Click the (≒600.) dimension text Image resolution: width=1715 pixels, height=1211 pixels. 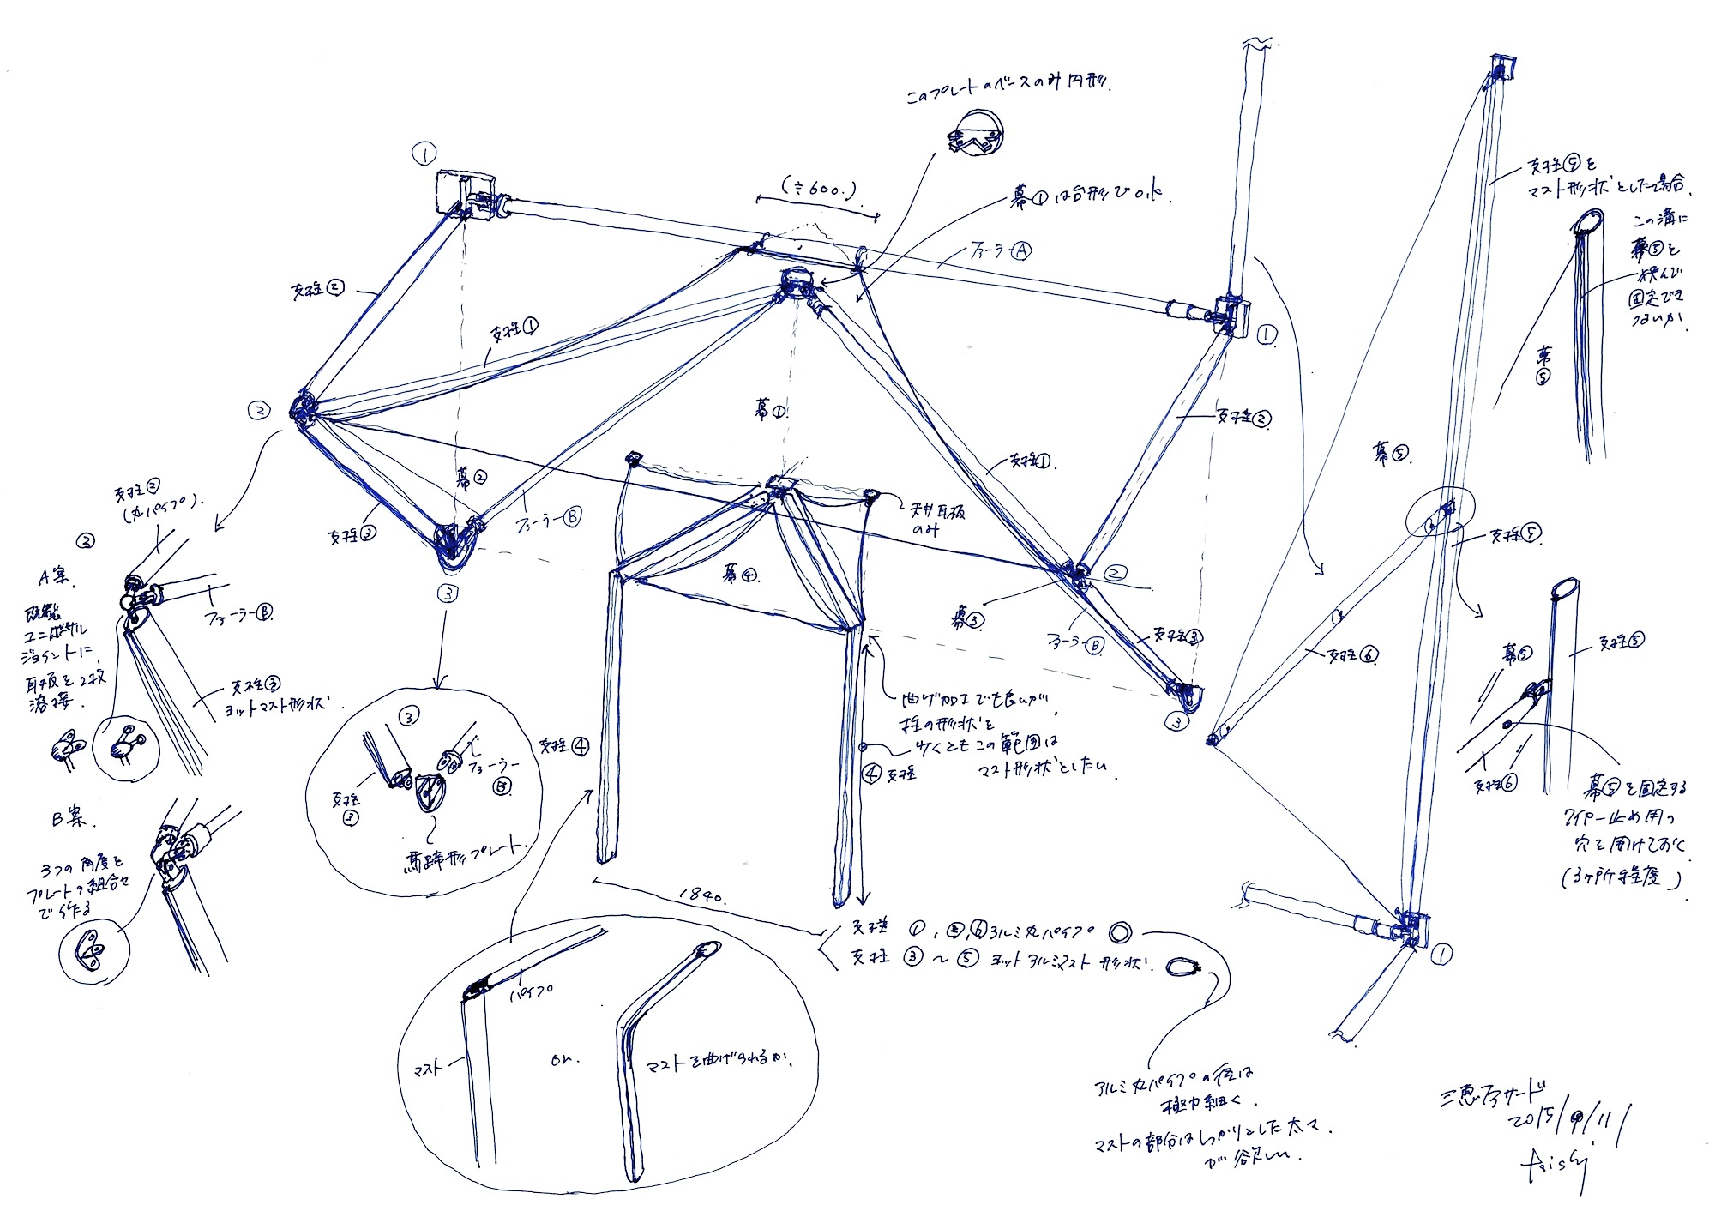[819, 188]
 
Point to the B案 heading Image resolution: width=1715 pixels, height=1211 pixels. [69, 818]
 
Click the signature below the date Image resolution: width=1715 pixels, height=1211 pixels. [1557, 1167]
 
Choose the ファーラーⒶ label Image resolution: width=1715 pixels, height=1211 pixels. [1000, 251]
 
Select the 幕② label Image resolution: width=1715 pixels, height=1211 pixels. [471, 477]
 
